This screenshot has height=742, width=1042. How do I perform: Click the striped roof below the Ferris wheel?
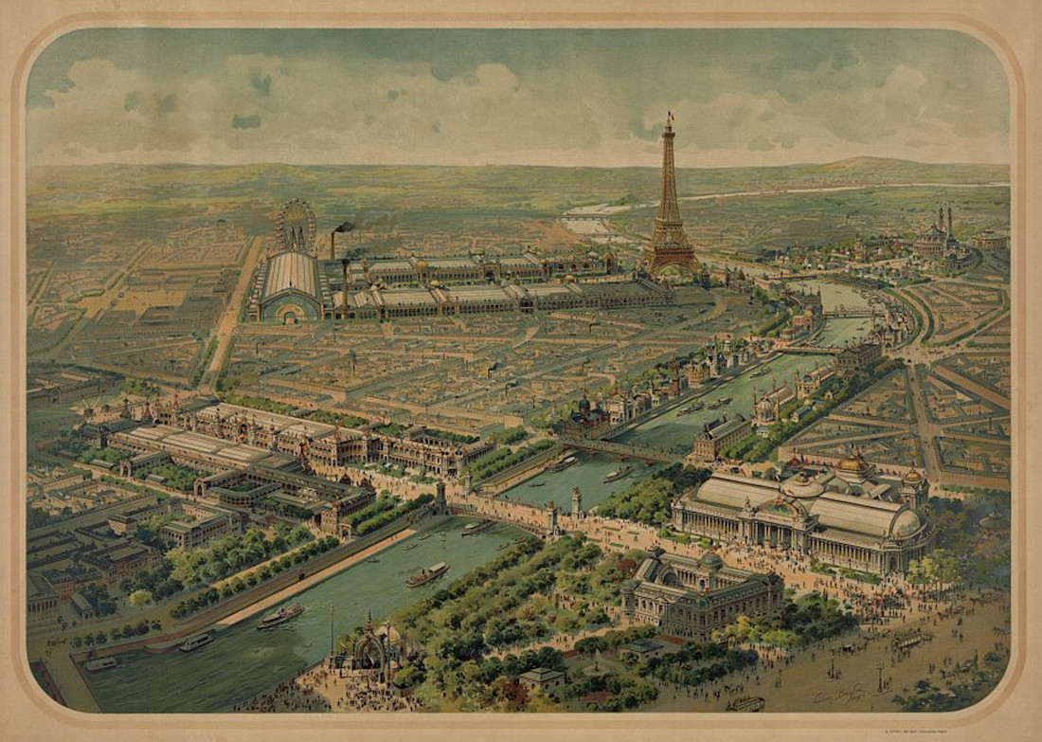292,276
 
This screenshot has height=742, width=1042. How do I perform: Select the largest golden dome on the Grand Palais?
853,463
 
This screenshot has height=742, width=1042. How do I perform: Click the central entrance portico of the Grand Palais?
792,516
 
